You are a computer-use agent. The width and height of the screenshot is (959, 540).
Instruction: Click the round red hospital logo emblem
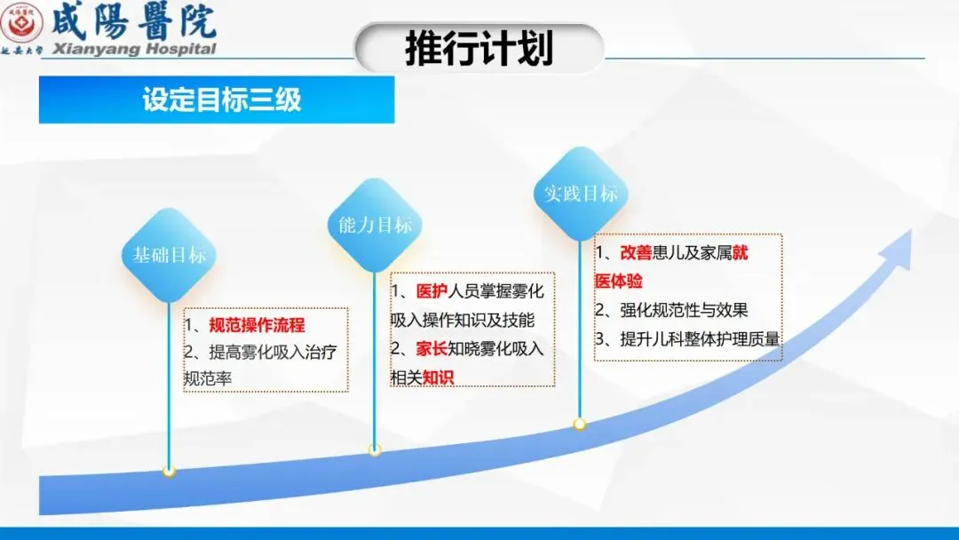(x=21, y=23)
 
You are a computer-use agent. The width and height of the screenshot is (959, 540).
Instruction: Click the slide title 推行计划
(x=479, y=48)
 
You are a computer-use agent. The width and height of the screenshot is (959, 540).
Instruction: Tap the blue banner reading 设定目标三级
(x=217, y=99)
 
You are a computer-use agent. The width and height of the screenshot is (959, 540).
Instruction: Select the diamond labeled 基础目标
(x=169, y=255)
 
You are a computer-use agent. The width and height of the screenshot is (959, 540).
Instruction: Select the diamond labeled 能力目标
(x=375, y=225)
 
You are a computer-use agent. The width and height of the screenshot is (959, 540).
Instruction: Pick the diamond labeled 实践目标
(x=581, y=194)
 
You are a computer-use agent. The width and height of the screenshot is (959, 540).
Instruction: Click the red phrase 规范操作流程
(x=257, y=325)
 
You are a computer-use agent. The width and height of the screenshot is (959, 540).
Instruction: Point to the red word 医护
(x=432, y=291)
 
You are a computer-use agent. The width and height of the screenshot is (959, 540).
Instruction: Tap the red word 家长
(x=432, y=348)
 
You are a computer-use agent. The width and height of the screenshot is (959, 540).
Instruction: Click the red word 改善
(x=636, y=252)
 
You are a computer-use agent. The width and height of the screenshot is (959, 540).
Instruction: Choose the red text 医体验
(x=618, y=282)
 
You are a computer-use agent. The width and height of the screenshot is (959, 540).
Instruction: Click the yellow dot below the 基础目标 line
(x=169, y=471)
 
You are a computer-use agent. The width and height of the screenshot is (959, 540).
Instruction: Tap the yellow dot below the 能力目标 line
(x=375, y=449)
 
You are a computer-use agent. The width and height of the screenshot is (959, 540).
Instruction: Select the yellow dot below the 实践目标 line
(x=580, y=424)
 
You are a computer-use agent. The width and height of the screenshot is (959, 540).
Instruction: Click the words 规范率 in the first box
(x=208, y=378)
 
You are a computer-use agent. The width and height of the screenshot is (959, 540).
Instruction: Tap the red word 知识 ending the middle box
(x=438, y=378)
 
